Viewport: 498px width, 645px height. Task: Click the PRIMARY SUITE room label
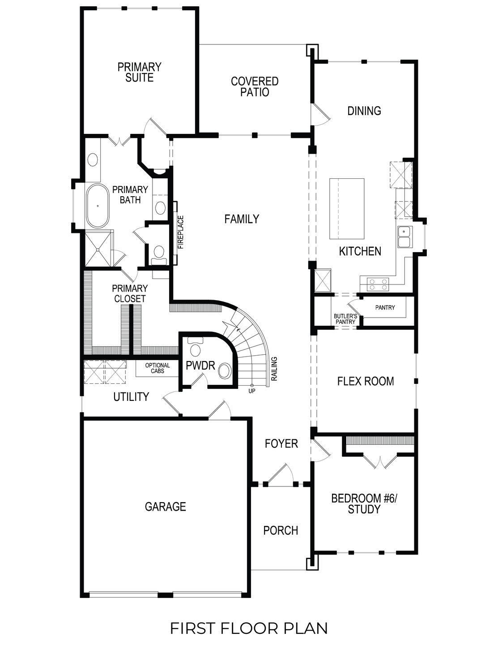coord(139,73)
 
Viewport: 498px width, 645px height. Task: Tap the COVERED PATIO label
coord(255,87)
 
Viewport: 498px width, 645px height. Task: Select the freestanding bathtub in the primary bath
coord(98,206)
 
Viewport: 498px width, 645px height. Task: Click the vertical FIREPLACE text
coord(181,232)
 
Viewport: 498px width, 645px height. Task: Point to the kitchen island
coord(347,209)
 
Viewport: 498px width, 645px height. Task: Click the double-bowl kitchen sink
coord(404,237)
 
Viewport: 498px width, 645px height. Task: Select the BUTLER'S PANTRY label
coord(345,319)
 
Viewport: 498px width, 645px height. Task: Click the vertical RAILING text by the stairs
coord(274,369)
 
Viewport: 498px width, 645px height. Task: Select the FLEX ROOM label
coord(365,381)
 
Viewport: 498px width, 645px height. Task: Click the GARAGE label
coord(165,507)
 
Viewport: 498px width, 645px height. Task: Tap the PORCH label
coord(281,530)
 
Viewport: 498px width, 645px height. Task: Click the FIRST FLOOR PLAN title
coord(249,628)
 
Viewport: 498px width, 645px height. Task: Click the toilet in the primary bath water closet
coord(158,253)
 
